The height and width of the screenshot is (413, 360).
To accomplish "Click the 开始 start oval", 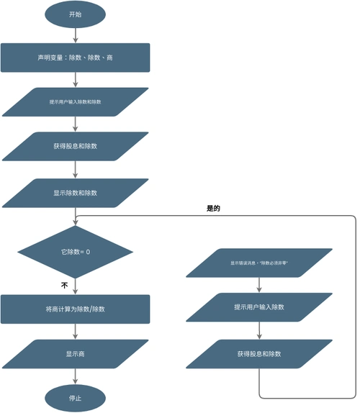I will (x=75, y=14).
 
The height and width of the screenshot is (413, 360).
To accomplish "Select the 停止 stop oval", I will (x=75, y=397).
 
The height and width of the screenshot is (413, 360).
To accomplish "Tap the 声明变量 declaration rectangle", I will (x=75, y=58).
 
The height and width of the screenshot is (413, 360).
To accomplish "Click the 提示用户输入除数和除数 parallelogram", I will (x=75, y=102).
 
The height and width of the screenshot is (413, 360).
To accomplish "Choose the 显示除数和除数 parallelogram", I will (x=75, y=193).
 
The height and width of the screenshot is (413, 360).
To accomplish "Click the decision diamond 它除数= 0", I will (x=75, y=252).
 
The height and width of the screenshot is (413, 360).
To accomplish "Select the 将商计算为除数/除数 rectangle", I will (x=75, y=309).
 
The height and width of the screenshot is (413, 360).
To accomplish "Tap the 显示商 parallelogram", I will (x=75, y=353).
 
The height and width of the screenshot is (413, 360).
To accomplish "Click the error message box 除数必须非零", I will (x=259, y=263).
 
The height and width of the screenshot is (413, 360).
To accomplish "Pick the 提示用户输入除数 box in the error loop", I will (x=259, y=307).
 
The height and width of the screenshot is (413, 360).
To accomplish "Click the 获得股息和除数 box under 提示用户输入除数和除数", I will (x=75, y=146).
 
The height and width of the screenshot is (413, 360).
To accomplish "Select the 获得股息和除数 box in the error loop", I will (x=259, y=353).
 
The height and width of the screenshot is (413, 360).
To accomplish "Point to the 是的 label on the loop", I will (x=213, y=209).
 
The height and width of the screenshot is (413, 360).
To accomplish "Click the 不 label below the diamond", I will (x=64, y=286).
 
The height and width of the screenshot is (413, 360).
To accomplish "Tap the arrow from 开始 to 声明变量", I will (x=75, y=36).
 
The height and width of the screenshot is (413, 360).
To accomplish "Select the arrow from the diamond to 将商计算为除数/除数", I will (x=75, y=286).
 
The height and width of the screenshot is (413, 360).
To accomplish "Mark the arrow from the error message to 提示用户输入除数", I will (x=259, y=285).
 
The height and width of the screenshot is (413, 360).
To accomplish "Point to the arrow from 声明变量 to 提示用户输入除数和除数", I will (x=75, y=80).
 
